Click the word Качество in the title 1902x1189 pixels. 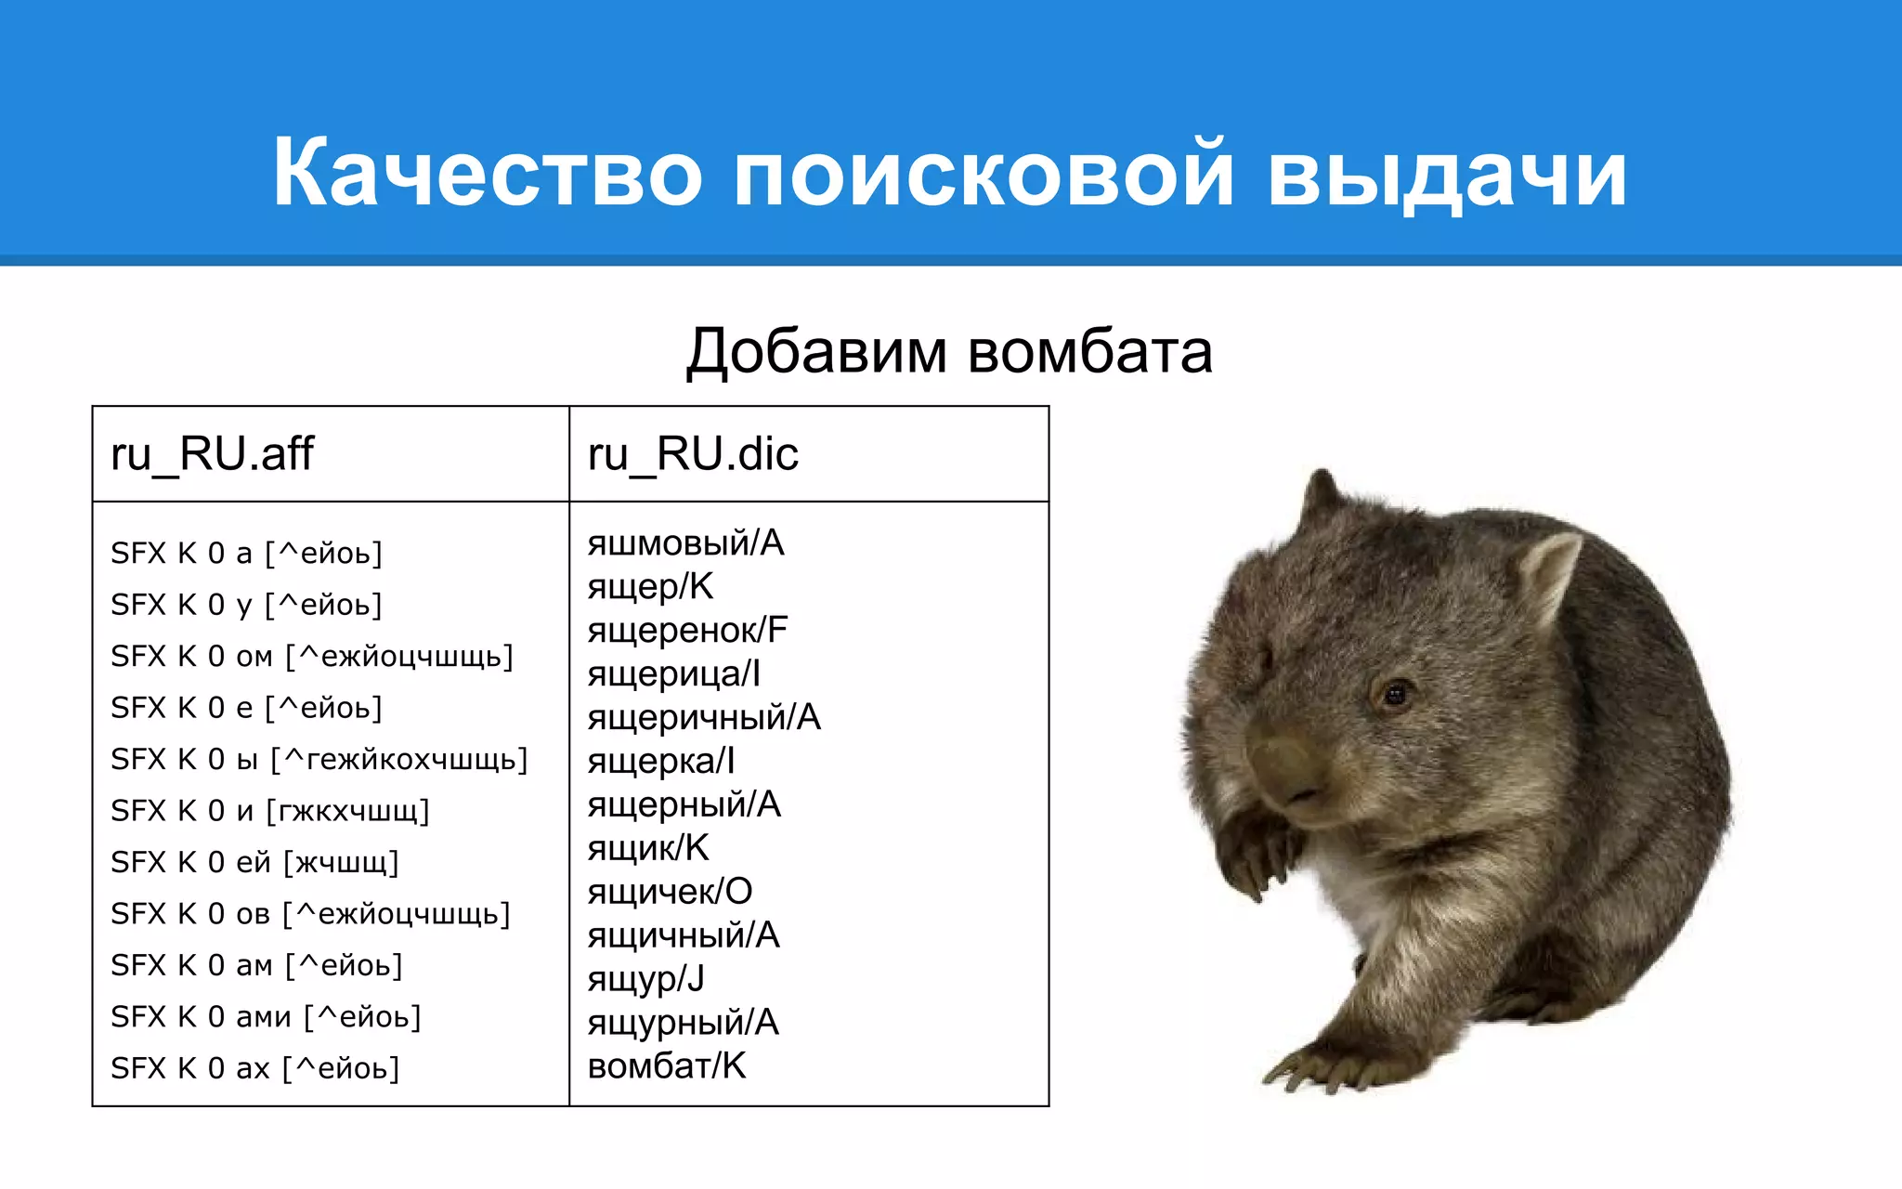click(487, 174)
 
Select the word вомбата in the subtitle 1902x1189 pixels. click(1090, 352)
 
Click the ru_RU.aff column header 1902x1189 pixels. click(213, 454)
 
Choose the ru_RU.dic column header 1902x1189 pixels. click(693, 454)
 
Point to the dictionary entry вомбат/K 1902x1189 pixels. click(667, 1066)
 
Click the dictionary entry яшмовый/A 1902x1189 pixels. click(685, 543)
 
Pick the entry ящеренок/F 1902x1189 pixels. click(687, 631)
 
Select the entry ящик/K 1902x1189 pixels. click(648, 848)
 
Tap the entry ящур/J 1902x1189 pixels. click(645, 979)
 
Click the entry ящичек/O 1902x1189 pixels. click(670, 892)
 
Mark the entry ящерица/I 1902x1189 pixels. click(673, 674)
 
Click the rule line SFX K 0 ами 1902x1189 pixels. click(266, 1017)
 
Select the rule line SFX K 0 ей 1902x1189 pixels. click(254, 863)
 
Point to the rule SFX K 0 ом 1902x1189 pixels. click(311, 657)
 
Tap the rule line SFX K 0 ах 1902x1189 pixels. click(254, 1069)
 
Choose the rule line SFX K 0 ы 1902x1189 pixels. click(319, 760)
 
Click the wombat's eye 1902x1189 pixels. click(1394, 693)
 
